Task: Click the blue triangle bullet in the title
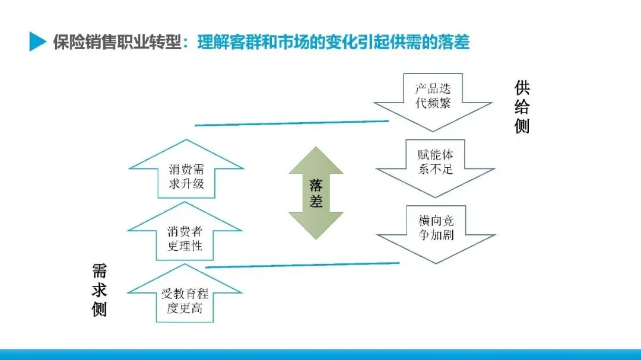coord(37,42)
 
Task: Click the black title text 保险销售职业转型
coord(116,42)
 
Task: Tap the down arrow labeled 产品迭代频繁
coord(433,97)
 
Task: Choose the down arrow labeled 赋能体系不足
coord(435,164)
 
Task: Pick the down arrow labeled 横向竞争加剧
coord(436,229)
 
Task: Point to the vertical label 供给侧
coord(522,107)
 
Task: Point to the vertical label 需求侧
coord(99,290)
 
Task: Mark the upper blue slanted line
coord(291,123)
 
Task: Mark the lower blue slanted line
coord(302,265)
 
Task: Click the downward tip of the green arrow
coord(316,237)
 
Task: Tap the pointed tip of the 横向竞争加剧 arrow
coord(436,262)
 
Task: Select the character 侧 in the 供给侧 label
coord(522,126)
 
